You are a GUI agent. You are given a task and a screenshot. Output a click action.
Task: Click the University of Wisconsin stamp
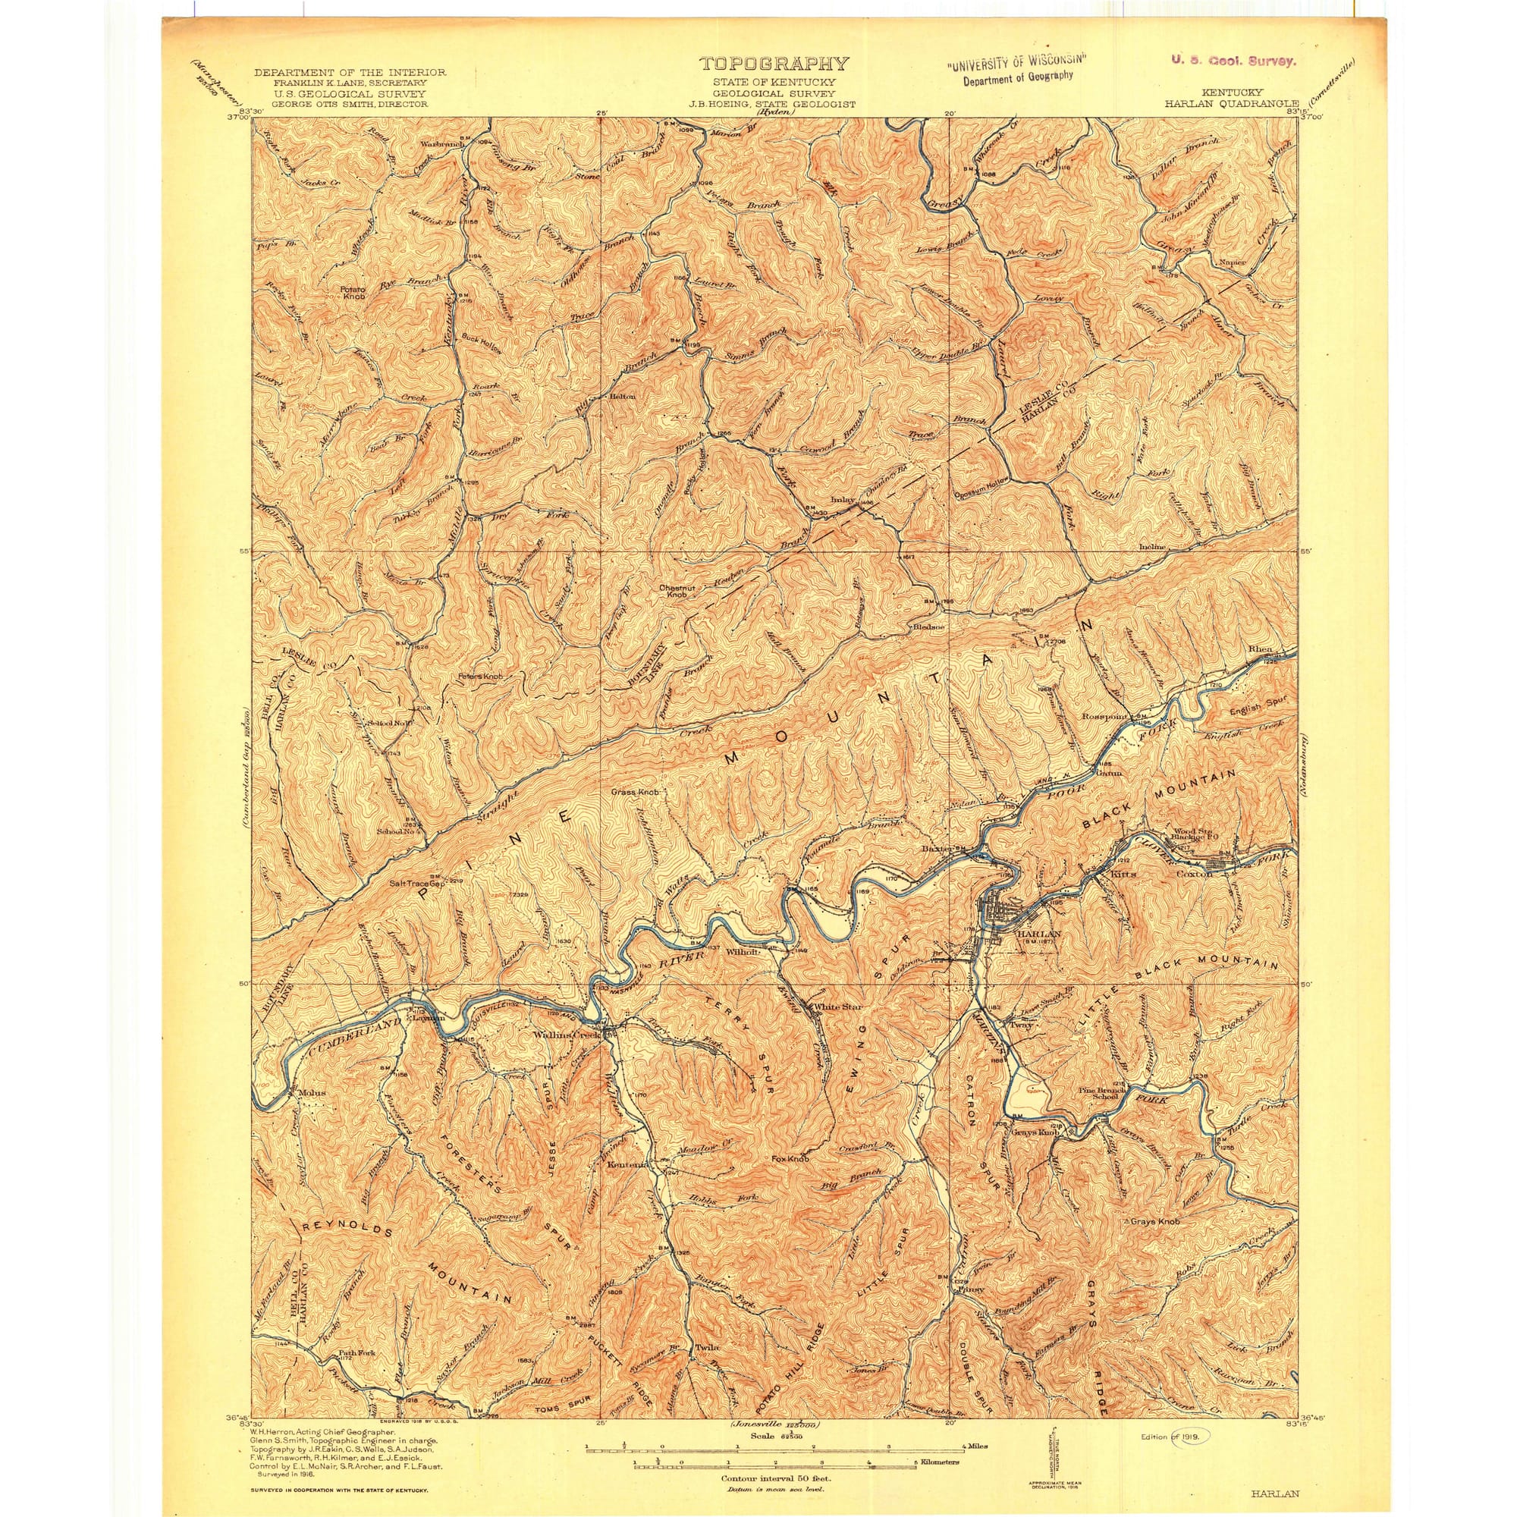(1017, 67)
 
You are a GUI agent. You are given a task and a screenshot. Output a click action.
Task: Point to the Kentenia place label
(628, 1186)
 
